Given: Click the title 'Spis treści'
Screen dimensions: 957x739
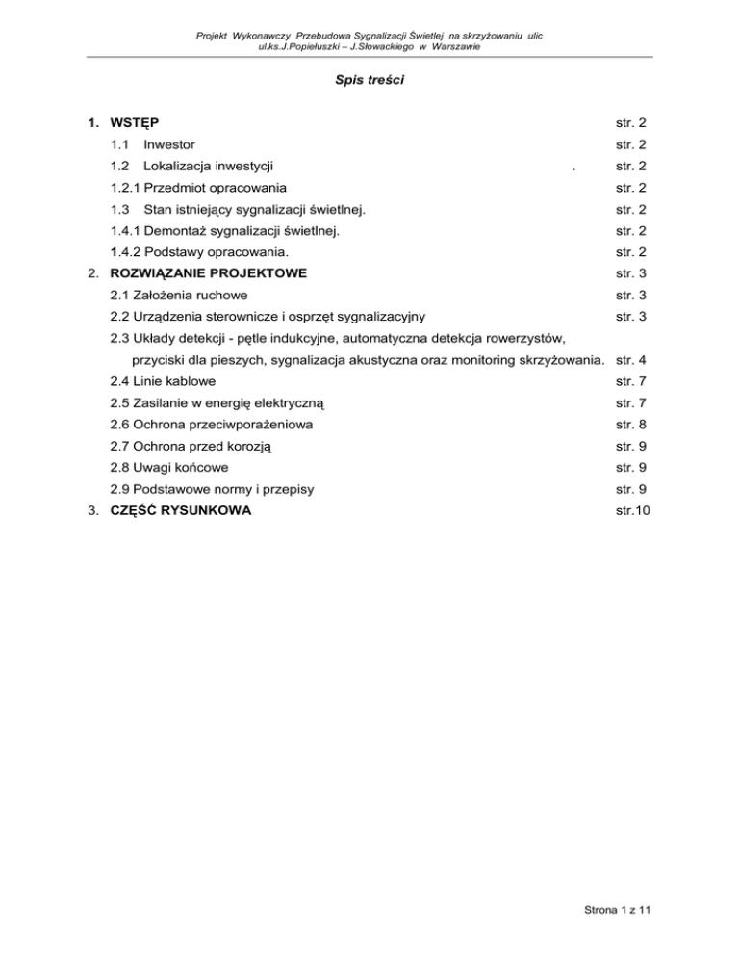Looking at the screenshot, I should (369, 82).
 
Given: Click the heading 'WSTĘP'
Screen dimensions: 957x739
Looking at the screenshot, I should (135, 124).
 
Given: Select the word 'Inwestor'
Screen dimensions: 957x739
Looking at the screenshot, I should (169, 145).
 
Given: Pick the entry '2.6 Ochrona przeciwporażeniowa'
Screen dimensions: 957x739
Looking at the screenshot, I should (211, 424).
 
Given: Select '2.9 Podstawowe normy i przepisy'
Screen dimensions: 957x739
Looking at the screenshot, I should (211, 489).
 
